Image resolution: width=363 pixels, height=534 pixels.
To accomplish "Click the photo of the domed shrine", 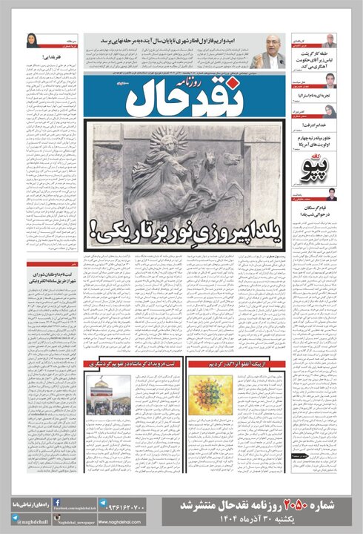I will tap(108, 393).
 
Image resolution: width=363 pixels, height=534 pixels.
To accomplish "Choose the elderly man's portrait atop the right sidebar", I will tap(330, 41).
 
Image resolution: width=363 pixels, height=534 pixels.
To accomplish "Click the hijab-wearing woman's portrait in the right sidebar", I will tap(330, 111).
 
